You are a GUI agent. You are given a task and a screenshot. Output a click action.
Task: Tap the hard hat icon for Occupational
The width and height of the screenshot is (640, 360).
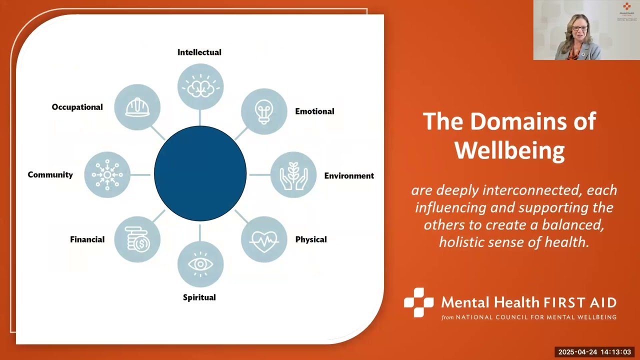(137, 107)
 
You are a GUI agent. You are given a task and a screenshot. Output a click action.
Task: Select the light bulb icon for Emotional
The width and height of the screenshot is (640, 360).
(264, 111)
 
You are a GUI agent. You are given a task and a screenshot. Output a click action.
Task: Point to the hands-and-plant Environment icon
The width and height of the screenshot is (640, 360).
(293, 175)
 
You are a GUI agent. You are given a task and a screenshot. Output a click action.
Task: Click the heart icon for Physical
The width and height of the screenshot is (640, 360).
(264, 239)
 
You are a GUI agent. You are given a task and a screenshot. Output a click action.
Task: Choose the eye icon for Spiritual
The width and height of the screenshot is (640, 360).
(200, 264)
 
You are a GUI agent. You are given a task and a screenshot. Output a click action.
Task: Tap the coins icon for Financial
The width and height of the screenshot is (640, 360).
(137, 239)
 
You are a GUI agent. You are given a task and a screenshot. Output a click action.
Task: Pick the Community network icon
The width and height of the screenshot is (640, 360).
(107, 174)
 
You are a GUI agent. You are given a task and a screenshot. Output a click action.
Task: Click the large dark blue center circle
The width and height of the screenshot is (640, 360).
(200, 173)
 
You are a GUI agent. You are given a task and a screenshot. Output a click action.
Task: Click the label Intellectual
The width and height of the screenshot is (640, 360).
(199, 52)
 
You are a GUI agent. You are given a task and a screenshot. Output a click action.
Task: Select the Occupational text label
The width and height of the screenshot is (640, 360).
(77, 107)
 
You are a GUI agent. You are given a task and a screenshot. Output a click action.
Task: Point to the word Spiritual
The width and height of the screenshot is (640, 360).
(199, 297)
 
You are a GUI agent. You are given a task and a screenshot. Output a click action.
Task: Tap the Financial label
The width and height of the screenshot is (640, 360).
(87, 239)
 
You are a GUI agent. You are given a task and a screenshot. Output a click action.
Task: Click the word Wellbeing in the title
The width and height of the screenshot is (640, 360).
(509, 149)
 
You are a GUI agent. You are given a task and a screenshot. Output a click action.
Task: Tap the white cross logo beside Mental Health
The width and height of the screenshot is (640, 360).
(418, 302)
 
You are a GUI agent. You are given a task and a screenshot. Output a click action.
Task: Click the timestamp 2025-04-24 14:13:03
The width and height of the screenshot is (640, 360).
(594, 352)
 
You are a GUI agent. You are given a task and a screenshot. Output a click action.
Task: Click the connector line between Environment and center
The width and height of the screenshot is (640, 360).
(259, 175)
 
